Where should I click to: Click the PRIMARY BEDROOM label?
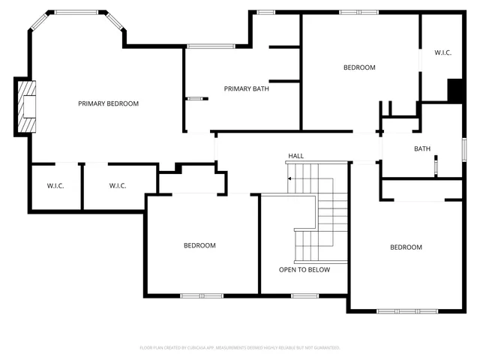tap(108, 103)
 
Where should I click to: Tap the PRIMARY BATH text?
tap(246, 88)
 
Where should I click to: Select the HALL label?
tap(296, 156)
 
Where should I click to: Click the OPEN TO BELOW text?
tap(304, 270)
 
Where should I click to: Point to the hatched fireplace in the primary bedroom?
tap(28, 107)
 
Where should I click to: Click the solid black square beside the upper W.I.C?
tap(454, 89)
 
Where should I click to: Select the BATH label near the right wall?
tap(422, 148)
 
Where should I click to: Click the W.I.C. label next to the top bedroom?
tap(442, 52)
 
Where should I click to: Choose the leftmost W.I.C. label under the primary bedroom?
tap(55, 185)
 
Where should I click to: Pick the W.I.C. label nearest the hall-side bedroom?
tap(118, 185)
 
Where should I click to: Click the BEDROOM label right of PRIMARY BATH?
tap(359, 67)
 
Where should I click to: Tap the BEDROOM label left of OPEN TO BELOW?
tap(199, 245)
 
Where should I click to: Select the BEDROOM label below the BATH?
tap(405, 247)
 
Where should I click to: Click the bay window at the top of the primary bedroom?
tap(76, 12)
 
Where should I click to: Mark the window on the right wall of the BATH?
tap(463, 148)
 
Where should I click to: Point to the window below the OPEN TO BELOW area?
tap(304, 295)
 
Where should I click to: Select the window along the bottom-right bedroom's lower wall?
tap(408, 310)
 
